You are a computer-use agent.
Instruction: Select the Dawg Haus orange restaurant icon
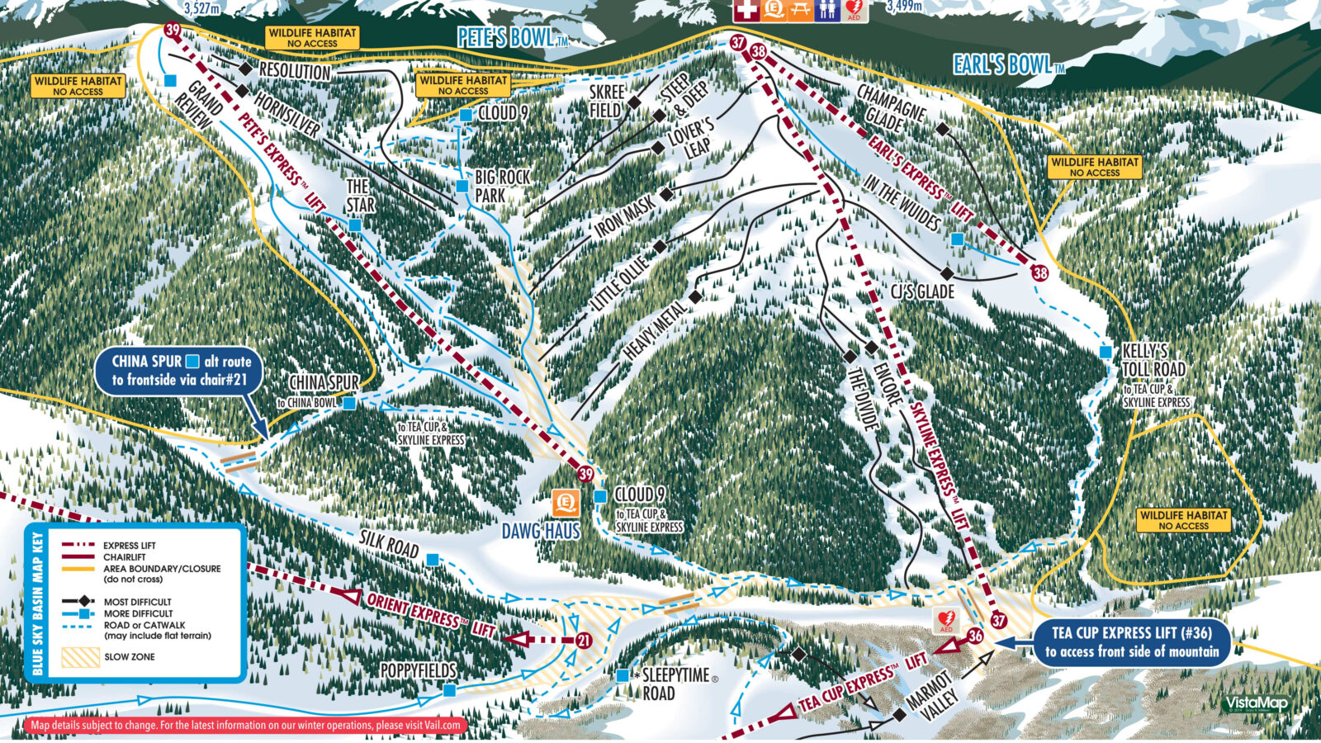[x=566, y=502]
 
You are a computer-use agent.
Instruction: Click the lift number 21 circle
[x=584, y=640]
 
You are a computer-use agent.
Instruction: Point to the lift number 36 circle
[x=975, y=636]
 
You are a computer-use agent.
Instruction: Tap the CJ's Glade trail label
[x=922, y=291]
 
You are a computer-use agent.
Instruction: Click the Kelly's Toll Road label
[x=1153, y=361]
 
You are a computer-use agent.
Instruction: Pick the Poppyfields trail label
[x=419, y=670]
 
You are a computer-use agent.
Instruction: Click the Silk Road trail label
[x=389, y=544]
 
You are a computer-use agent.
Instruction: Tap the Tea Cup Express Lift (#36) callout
[x=1131, y=641]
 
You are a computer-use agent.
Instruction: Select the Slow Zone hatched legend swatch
[x=81, y=657]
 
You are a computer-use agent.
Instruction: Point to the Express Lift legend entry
[x=129, y=546]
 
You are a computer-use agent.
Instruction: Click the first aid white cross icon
[x=746, y=10]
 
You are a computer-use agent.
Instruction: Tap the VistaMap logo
[x=1256, y=703]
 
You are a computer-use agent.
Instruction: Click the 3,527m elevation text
[x=202, y=8]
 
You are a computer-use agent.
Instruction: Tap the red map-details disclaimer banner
[x=245, y=725]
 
